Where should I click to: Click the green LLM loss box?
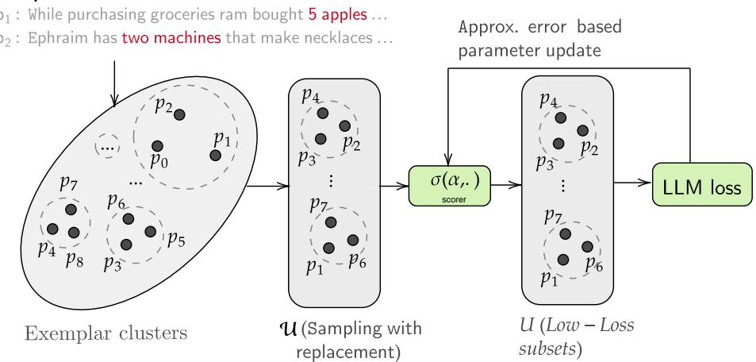[x=697, y=188]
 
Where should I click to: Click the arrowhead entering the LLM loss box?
[x=647, y=188]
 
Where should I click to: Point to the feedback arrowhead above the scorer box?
[x=448, y=157]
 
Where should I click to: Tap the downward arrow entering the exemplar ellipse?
[x=117, y=101]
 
